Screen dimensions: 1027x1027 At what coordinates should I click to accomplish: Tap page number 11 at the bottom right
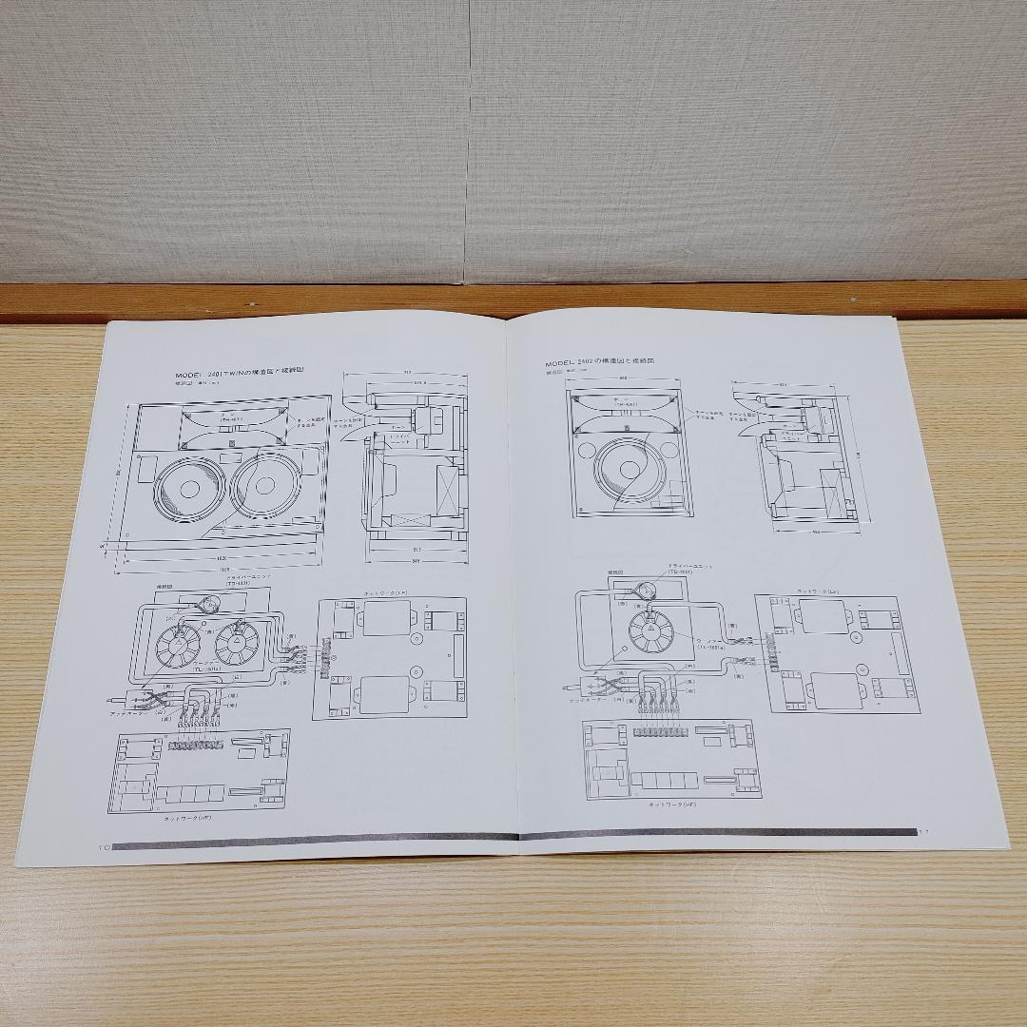click(x=922, y=831)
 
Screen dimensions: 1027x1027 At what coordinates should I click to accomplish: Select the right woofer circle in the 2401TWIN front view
click(x=266, y=486)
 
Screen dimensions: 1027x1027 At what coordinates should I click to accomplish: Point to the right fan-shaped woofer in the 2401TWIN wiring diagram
click(x=237, y=646)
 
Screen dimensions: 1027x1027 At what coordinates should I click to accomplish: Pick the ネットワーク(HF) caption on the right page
click(x=673, y=804)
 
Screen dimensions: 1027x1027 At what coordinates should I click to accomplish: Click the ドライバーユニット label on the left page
click(x=246, y=577)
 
